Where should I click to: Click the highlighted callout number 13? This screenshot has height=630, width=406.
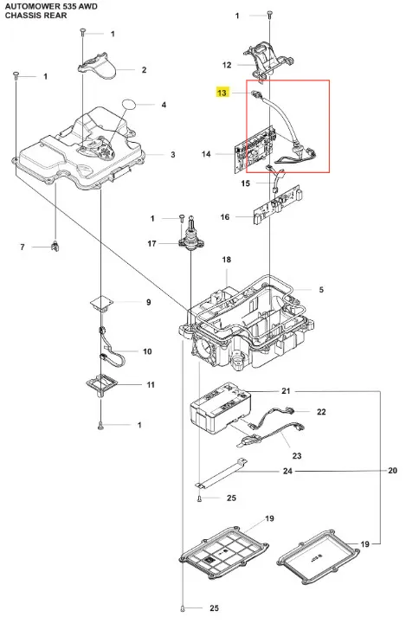(222, 93)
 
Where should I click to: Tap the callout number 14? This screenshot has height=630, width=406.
(206, 154)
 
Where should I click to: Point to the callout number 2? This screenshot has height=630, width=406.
(144, 70)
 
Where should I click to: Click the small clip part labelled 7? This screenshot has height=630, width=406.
(55, 247)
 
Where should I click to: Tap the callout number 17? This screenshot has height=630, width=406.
(151, 243)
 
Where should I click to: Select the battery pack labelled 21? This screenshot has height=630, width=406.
(220, 409)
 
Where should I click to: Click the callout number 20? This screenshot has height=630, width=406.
(392, 471)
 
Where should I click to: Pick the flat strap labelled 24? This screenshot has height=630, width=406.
(222, 473)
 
